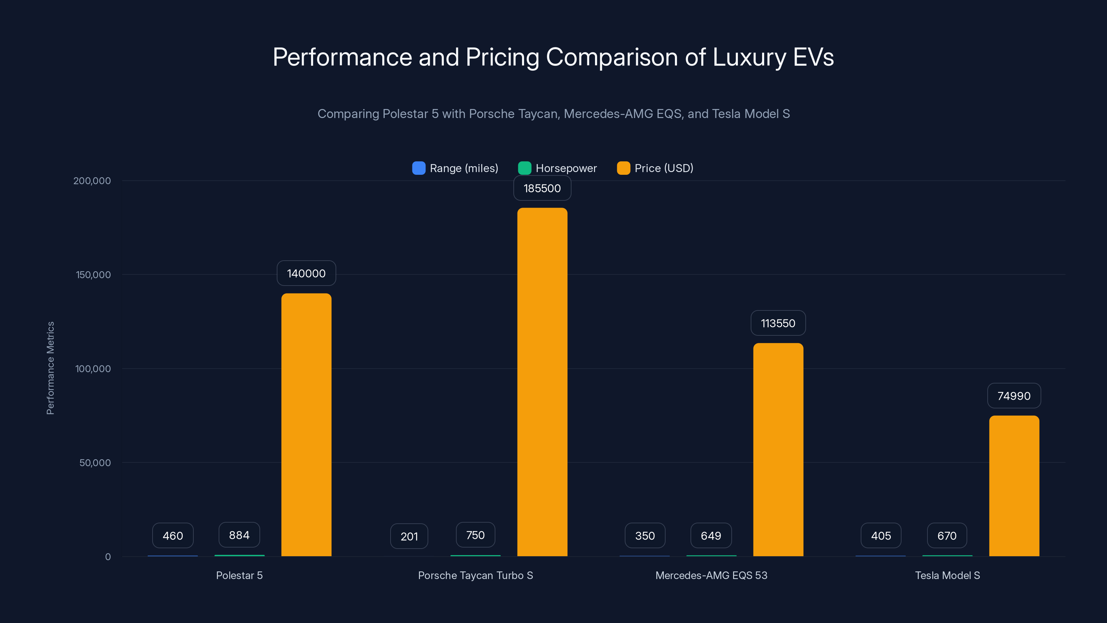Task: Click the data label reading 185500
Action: pos(542,188)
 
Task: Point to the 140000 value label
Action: pos(306,273)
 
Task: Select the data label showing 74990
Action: pos(1014,396)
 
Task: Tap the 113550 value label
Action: pos(778,323)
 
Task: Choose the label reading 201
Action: pos(409,536)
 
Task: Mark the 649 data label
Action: pos(711,536)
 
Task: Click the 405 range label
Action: pos(880,536)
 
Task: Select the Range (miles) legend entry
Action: pos(455,168)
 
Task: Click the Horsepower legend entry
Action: pos(557,168)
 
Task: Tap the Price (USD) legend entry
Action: pos(655,168)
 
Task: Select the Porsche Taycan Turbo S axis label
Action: pos(475,575)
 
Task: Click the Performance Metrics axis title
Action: pos(50,368)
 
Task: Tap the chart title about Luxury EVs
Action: pos(553,57)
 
